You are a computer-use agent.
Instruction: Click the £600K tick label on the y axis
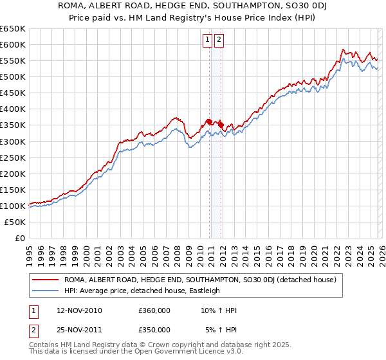[x=13, y=44]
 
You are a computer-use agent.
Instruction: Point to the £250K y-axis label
[x=13, y=157]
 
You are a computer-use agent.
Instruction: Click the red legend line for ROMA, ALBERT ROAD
[x=47, y=280]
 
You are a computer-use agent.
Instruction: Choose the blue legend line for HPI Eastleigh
[x=47, y=291]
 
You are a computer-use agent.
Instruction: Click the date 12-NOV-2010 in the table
[x=79, y=310]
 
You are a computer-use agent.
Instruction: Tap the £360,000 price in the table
[x=154, y=310]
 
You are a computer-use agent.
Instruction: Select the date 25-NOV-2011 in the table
[x=79, y=329]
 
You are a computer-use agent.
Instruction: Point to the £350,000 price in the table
[x=154, y=329]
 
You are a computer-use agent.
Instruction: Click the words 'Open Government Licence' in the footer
[x=169, y=353]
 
